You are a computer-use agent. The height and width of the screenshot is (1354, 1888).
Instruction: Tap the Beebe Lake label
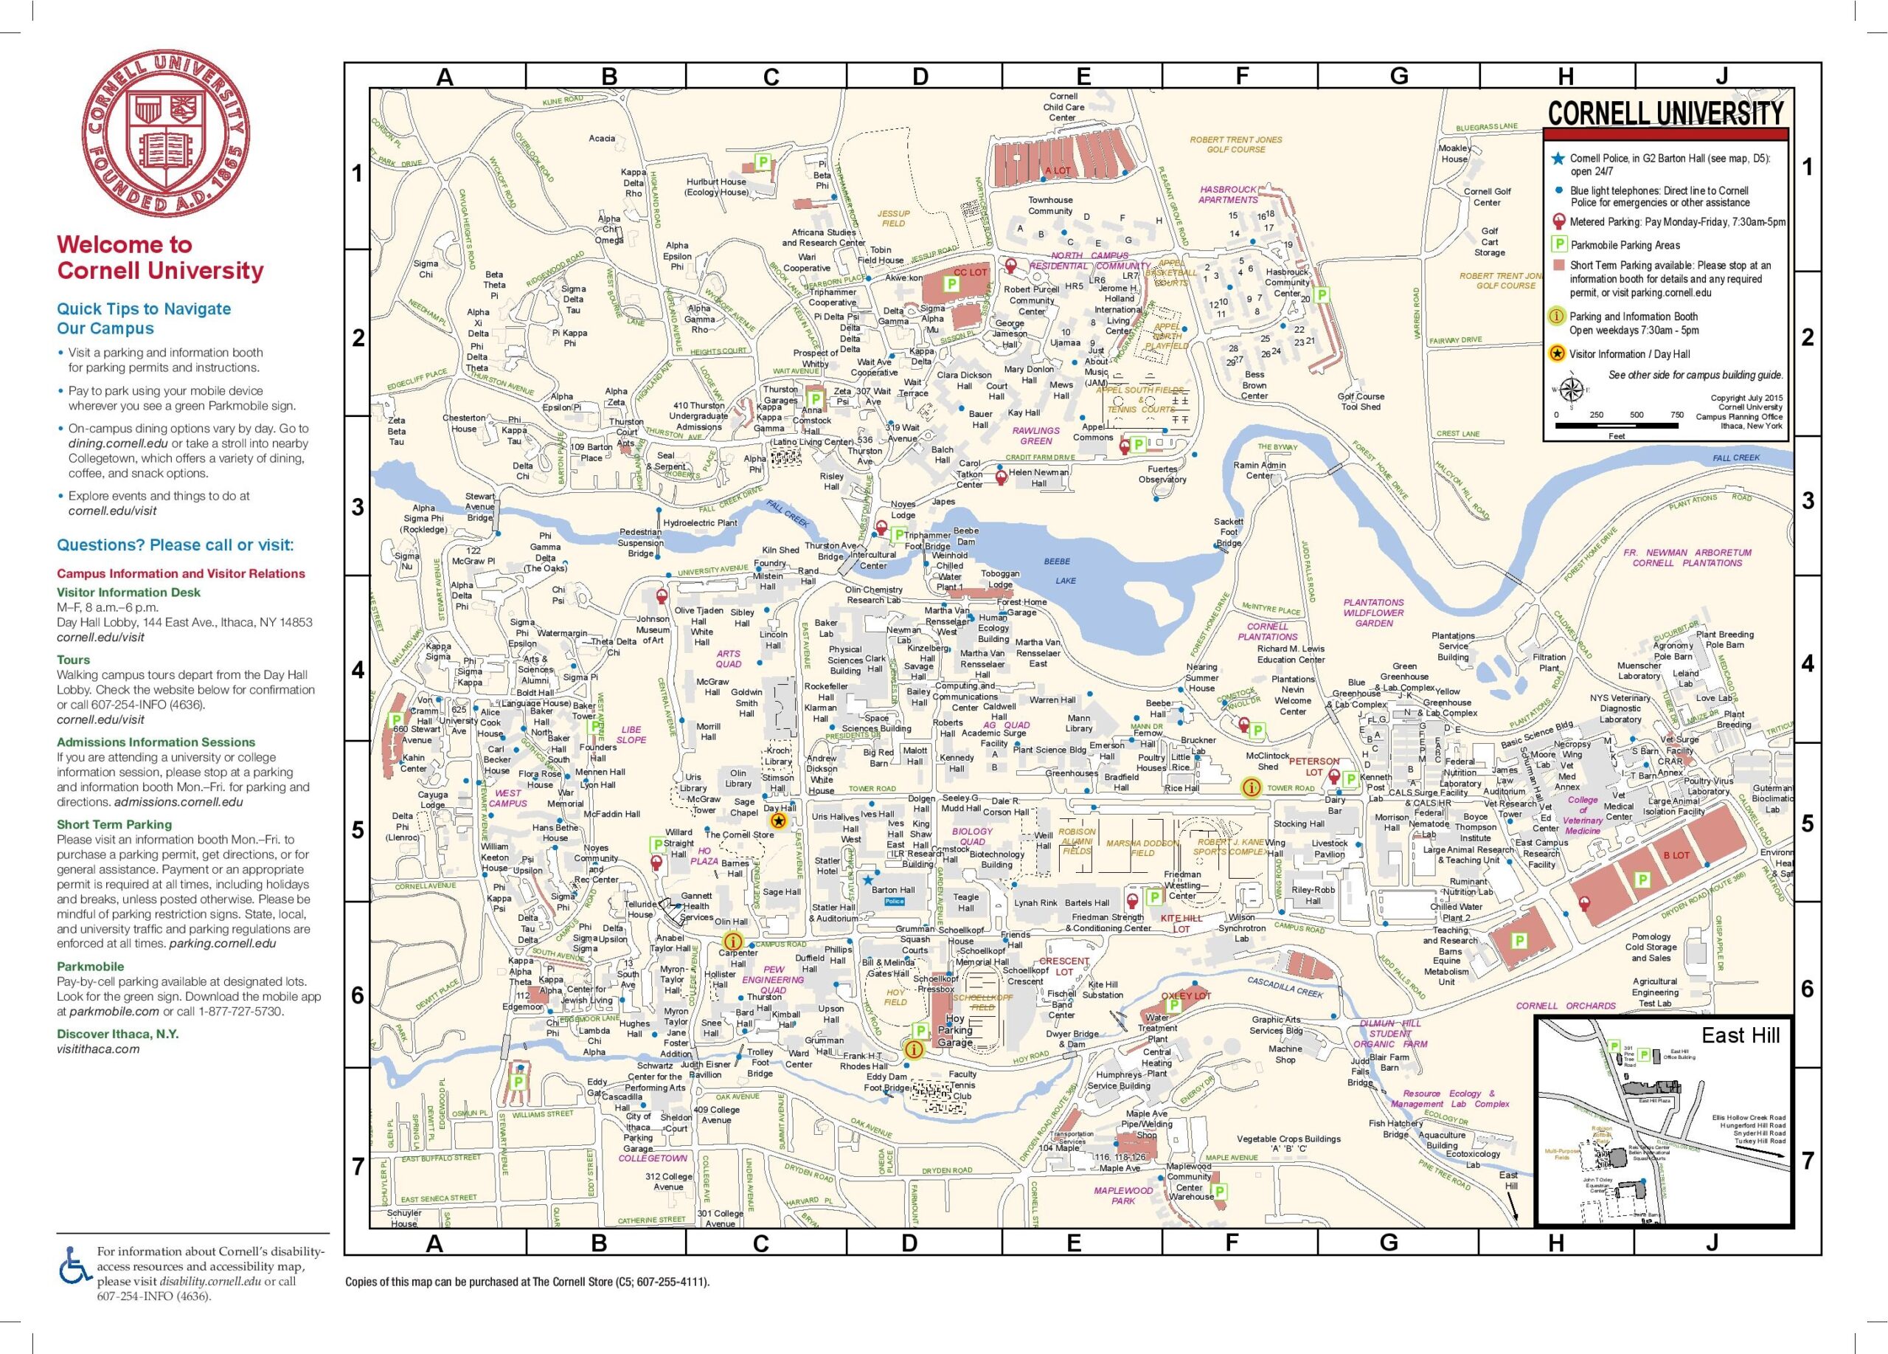click(x=1059, y=570)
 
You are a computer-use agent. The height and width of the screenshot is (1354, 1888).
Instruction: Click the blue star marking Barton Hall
click(x=867, y=879)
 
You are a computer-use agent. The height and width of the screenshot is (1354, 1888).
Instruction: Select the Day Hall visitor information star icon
click(x=778, y=821)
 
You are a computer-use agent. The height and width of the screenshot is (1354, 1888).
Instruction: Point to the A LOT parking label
click(x=1058, y=170)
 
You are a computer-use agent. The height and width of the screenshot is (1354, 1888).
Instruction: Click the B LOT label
click(x=1676, y=855)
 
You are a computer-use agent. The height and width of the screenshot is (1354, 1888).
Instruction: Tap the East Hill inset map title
click(x=1740, y=1035)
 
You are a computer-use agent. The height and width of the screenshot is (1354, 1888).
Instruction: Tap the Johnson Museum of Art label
click(x=653, y=629)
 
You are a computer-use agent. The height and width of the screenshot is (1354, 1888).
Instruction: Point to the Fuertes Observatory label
click(x=1162, y=474)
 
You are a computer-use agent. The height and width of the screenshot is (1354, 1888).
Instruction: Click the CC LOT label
click(x=970, y=272)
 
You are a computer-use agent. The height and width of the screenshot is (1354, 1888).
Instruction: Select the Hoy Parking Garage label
click(x=955, y=1030)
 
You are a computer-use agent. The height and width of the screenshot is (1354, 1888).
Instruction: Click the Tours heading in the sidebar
click(x=73, y=660)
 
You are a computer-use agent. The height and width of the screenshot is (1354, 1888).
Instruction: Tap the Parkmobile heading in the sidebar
click(x=90, y=967)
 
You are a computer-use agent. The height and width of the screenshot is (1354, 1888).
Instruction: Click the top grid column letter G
click(x=1398, y=77)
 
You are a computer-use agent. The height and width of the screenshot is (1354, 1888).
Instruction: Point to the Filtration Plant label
click(x=1549, y=662)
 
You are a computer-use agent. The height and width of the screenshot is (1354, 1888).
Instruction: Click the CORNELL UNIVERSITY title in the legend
click(x=1665, y=113)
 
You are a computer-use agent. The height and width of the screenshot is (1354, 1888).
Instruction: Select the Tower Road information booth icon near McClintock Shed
click(x=1249, y=787)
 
